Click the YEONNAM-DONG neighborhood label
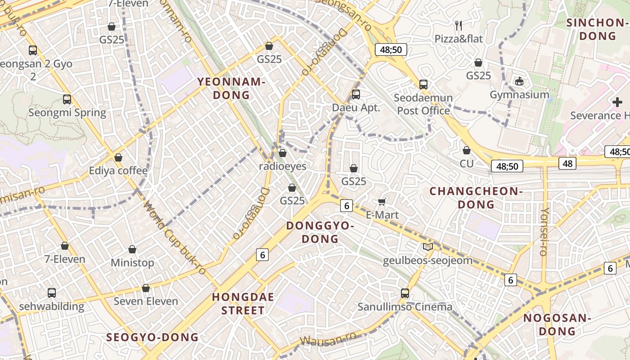pyautogui.click(x=231, y=88)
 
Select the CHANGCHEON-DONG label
pyautogui.click(x=476, y=198)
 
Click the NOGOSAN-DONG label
pyautogui.click(x=557, y=324)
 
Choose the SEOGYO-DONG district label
pyautogui.click(x=152, y=337)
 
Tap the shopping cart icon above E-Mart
pyautogui.click(x=382, y=202)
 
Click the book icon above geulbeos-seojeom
pyautogui.click(x=427, y=247)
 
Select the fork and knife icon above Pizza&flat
pyautogui.click(x=459, y=25)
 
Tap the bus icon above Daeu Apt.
pyautogui.click(x=356, y=94)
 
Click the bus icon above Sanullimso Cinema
pyautogui.click(x=405, y=293)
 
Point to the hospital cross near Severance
pyautogui.click(x=617, y=102)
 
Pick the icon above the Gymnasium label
pyautogui.click(x=519, y=81)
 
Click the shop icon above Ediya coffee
pyautogui.click(x=118, y=157)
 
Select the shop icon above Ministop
pyautogui.click(x=132, y=249)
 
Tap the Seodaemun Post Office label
pyautogui.click(x=423, y=104)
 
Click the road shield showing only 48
pyautogui.click(x=567, y=163)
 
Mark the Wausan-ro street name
pyautogui.click(x=328, y=339)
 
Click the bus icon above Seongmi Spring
pyautogui.click(x=67, y=99)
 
